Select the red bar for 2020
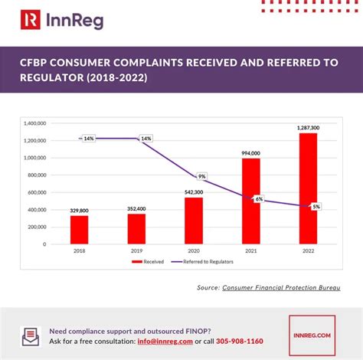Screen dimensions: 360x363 tap(193, 221)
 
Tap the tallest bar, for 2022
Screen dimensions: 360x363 tap(308, 188)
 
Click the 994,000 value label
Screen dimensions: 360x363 tap(250, 152)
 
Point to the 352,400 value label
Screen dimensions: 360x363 tap(136, 208)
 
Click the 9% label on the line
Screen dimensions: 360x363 tap(201, 176)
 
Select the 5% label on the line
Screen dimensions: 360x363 tap(316, 207)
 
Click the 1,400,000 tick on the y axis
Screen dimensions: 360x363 tap(35, 123)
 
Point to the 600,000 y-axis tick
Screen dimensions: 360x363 tap(37, 192)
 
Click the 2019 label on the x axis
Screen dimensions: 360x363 tap(136, 250)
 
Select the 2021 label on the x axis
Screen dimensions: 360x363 tap(250, 250)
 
